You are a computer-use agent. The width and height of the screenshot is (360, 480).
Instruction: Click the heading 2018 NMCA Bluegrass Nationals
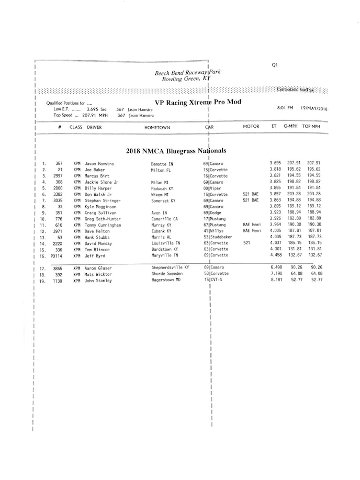176,151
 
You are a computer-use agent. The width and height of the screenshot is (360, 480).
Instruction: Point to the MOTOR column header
251,127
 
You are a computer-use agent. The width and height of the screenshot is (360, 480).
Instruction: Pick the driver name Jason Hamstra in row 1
99,164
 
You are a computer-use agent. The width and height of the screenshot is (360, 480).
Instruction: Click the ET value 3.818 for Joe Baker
275,170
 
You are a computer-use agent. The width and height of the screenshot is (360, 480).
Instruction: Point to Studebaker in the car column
221,237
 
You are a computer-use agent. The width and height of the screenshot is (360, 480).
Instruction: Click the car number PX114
57,255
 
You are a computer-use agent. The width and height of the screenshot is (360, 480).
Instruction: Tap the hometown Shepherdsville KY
170,267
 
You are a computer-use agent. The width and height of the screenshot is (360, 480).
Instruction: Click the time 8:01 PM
285,108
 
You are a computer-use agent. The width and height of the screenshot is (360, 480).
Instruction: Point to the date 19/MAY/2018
314,108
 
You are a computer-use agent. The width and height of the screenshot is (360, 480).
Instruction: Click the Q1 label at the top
275,65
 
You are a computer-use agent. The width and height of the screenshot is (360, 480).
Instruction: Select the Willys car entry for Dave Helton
216,231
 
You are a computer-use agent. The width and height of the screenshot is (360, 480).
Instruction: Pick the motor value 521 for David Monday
246,243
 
